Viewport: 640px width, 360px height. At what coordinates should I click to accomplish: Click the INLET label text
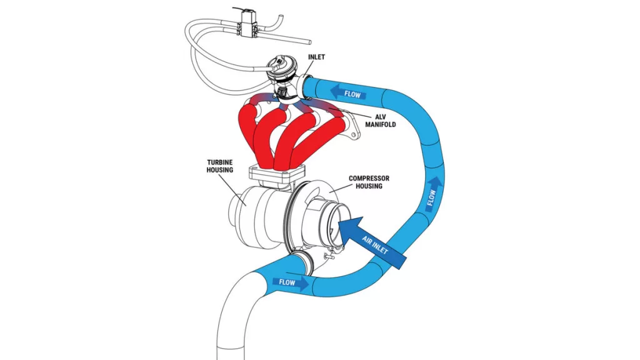pos(317,57)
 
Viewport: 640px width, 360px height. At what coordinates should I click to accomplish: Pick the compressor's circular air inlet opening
pos(331,219)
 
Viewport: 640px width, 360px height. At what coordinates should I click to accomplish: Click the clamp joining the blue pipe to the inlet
pos(307,86)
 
